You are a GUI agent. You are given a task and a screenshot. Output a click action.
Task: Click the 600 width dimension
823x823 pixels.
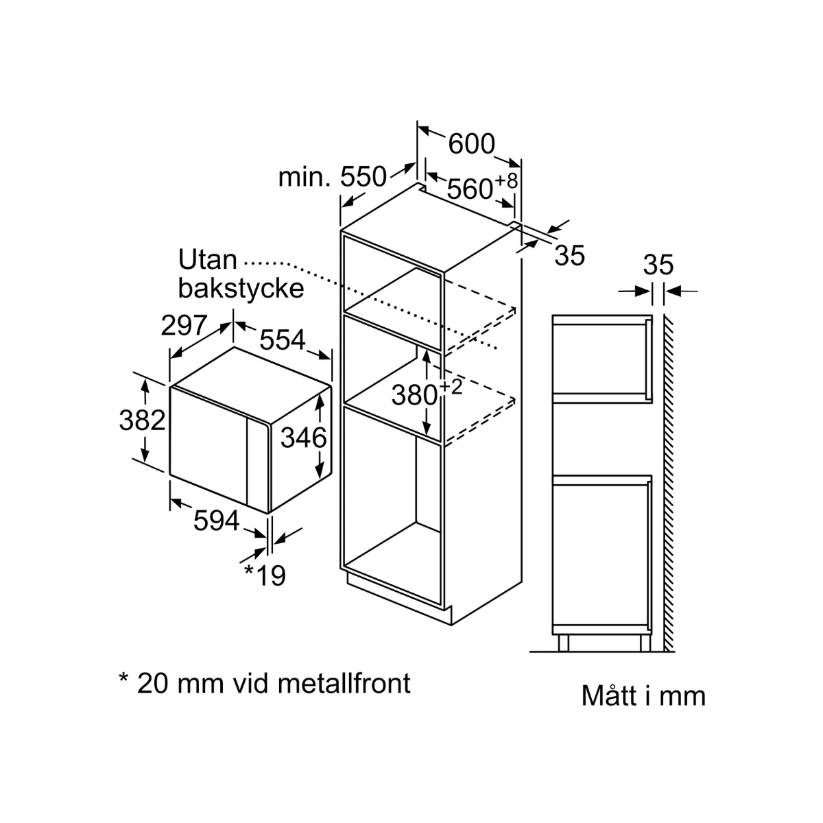pyautogui.click(x=471, y=144)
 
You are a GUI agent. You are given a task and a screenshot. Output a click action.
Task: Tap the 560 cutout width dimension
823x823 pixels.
pyautogui.click(x=470, y=188)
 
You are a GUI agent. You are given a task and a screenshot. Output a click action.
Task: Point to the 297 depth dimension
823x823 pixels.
pyautogui.click(x=184, y=325)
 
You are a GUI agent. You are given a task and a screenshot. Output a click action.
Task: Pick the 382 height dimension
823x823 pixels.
pyautogui.click(x=143, y=420)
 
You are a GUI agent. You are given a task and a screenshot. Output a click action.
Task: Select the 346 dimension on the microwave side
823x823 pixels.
pyautogui.click(x=304, y=438)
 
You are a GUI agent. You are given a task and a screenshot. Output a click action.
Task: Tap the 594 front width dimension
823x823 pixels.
pyautogui.click(x=216, y=521)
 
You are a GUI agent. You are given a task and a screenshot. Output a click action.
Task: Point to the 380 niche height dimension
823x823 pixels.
pyautogui.click(x=414, y=395)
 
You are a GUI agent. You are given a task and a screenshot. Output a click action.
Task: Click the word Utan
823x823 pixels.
pyautogui.click(x=207, y=261)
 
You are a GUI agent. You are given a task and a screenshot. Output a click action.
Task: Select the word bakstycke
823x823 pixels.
pyautogui.click(x=241, y=288)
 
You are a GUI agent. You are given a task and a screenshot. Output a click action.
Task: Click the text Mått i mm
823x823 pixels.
pyautogui.click(x=643, y=695)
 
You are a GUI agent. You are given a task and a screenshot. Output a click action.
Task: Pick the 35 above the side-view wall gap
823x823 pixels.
pyautogui.click(x=658, y=265)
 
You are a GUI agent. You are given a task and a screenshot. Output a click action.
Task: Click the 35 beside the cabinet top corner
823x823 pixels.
pyautogui.click(x=569, y=255)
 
